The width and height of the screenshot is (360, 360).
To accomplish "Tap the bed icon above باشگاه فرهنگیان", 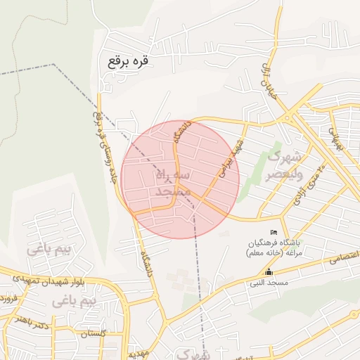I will tap(274, 233).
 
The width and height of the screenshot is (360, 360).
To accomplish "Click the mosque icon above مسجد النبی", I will tap(268, 272).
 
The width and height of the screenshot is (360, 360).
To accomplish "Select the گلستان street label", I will tap(93, 334).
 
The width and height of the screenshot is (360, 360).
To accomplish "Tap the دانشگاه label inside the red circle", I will tap(181, 131).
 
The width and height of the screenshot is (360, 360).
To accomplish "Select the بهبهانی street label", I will tap(336, 141).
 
